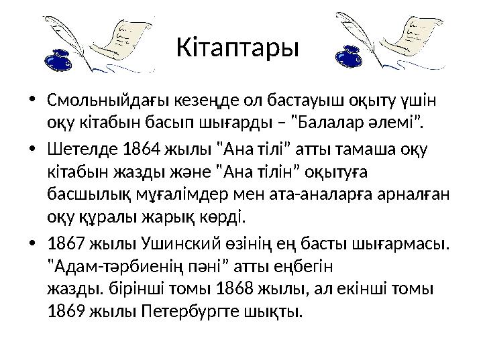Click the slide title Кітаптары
click(237, 48)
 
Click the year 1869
click(63, 311)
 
